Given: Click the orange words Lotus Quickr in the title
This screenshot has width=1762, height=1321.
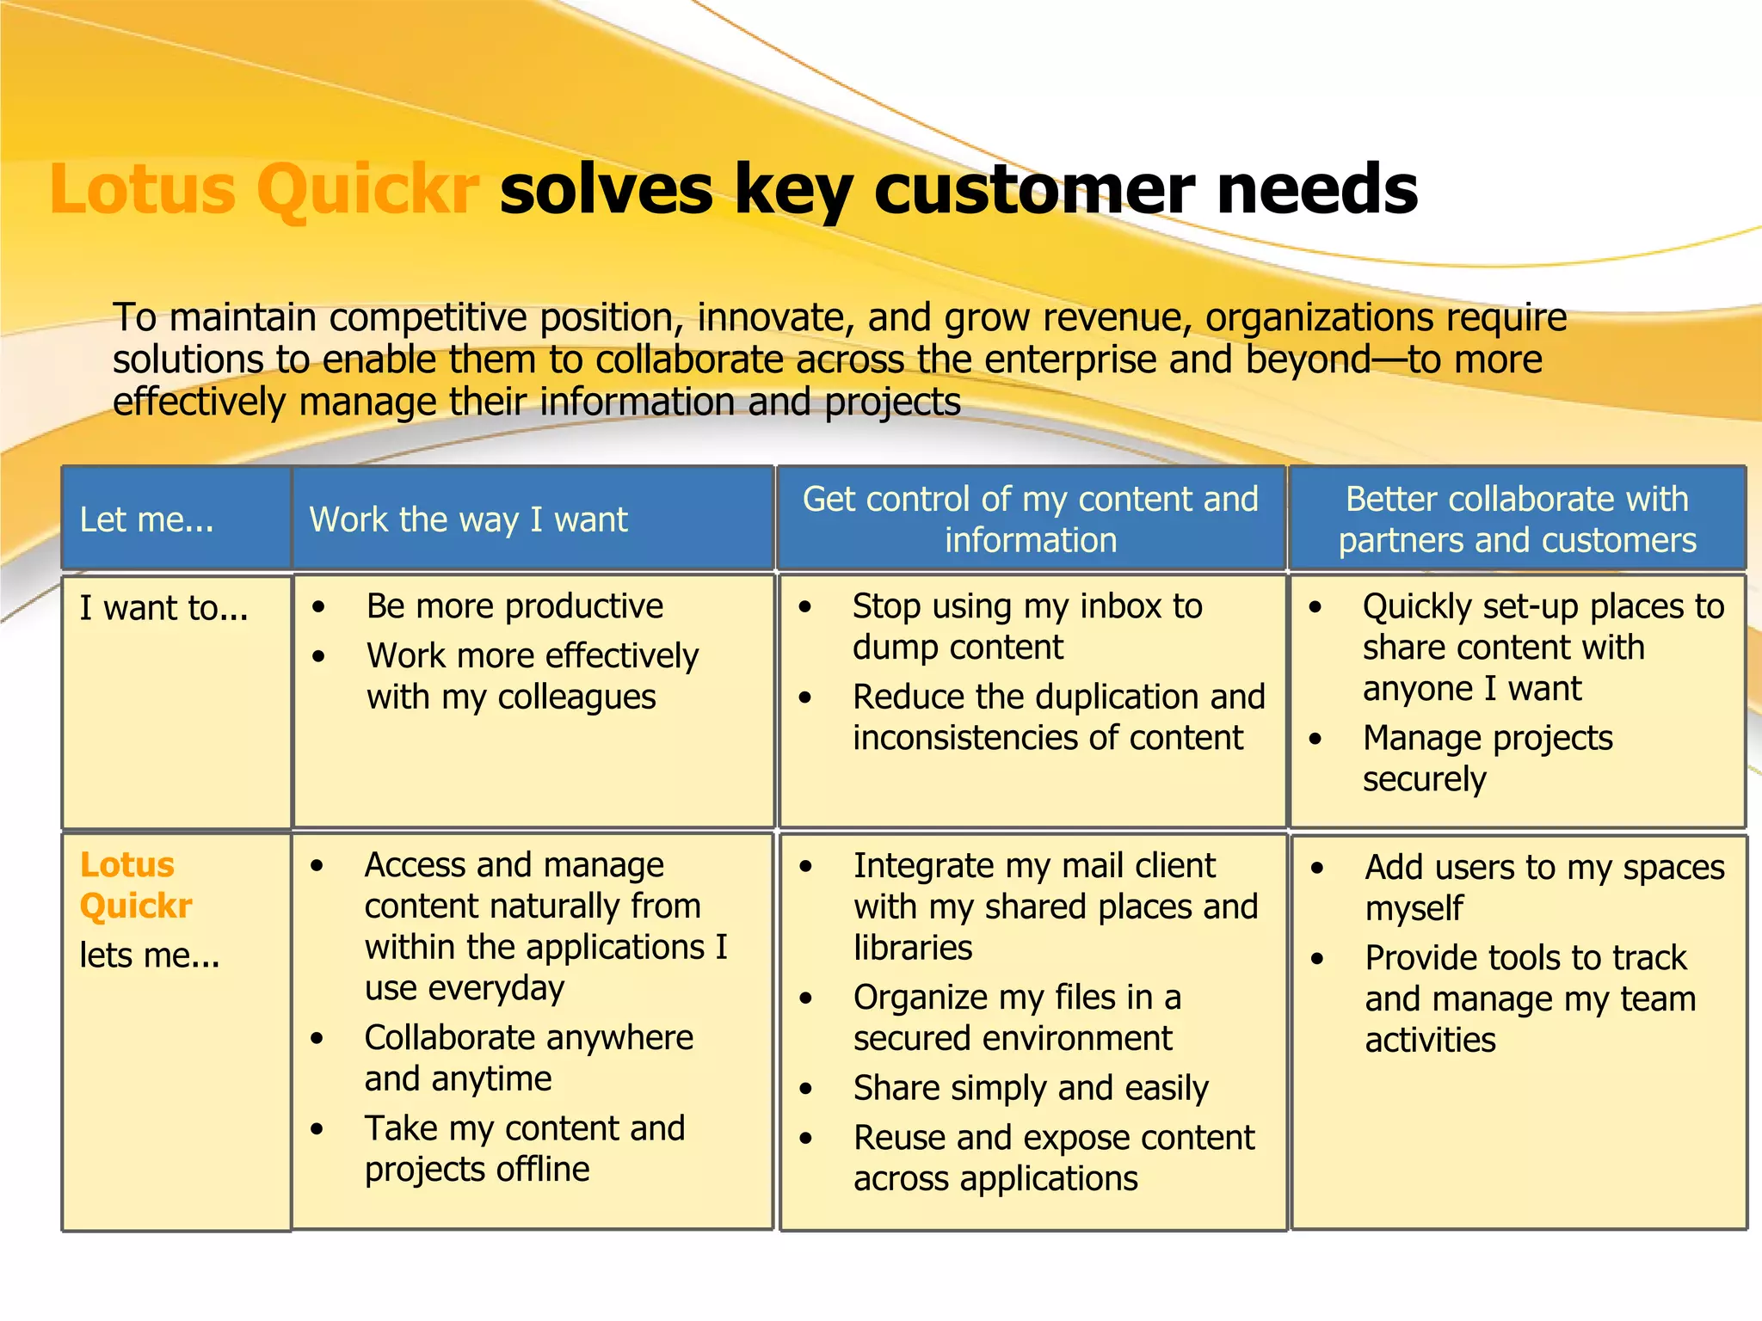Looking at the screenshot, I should pyautogui.click(x=263, y=189).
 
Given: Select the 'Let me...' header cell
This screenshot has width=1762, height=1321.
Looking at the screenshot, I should pyautogui.click(x=146, y=519).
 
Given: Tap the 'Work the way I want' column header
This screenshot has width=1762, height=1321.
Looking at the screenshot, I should pyautogui.click(x=469, y=519).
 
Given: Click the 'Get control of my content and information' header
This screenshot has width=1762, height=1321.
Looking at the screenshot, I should pyautogui.click(x=1030, y=519).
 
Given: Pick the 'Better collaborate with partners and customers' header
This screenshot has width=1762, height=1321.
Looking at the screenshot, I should pyautogui.click(x=1517, y=519).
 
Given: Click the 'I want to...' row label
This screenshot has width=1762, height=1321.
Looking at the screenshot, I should pyautogui.click(x=163, y=608).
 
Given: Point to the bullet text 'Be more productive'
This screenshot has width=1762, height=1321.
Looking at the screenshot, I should pyautogui.click(x=514, y=606).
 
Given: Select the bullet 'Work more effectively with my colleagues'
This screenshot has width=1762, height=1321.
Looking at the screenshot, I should pyautogui.click(x=532, y=676).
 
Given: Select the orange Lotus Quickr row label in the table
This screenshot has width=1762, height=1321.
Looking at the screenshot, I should pyautogui.click(x=135, y=885).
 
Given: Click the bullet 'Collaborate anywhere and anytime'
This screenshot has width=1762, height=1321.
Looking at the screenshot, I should pyautogui.click(x=528, y=1058).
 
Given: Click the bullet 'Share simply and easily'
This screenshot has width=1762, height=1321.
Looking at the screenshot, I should pyautogui.click(x=1031, y=1088).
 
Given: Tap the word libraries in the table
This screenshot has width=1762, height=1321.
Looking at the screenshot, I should pyautogui.click(x=913, y=948).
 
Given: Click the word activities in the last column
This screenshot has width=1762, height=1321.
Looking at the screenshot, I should pyautogui.click(x=1430, y=1041).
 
